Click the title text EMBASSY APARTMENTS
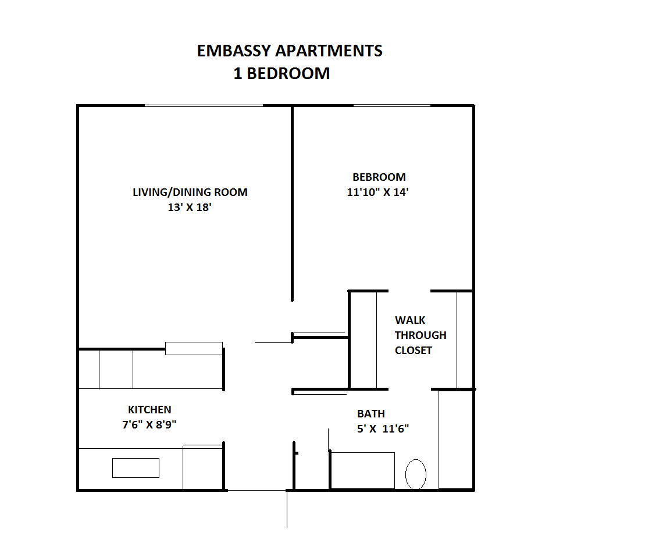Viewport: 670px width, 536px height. click(289, 51)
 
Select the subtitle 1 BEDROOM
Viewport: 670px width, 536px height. click(281, 73)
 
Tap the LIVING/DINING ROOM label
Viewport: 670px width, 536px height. click(190, 192)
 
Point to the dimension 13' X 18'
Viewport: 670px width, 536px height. click(190, 207)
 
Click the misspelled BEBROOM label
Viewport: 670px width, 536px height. click(379, 177)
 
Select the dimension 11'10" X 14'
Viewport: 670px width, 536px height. click(377, 192)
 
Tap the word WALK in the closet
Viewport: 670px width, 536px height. click(410, 320)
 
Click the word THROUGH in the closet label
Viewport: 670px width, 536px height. click(420, 335)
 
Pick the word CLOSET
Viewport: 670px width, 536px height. click(413, 350)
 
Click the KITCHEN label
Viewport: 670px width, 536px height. click(149, 410)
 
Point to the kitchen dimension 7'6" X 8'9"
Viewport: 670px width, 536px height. click(149, 424)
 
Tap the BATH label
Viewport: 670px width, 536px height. click(371, 414)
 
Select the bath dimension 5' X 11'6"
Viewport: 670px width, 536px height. click(383, 428)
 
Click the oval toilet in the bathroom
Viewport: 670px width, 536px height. click(416, 474)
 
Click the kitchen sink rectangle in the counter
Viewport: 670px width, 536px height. click(136, 467)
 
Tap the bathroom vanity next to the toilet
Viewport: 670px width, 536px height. click(363, 471)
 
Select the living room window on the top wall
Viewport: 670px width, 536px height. click(204, 105)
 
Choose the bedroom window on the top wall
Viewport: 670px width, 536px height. click(392, 105)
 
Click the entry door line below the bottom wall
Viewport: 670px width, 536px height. click(287, 509)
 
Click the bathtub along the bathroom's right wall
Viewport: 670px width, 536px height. click(456, 439)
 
